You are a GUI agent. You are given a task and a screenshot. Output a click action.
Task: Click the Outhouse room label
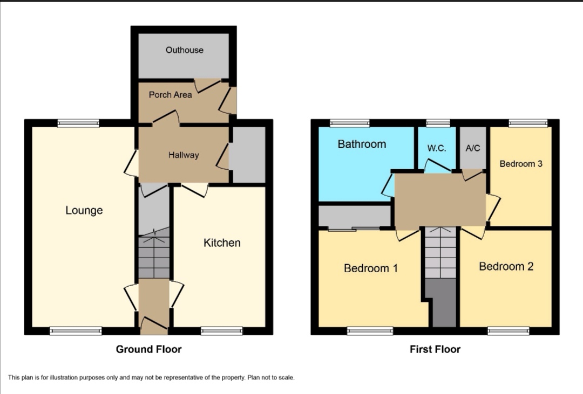tap(185, 50)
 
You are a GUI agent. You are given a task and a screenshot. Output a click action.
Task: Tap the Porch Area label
tap(171, 95)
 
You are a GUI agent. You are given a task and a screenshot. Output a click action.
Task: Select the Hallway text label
tap(184, 155)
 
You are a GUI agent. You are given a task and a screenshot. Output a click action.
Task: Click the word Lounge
tap(84, 210)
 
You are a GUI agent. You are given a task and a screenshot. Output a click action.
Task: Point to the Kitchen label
tap(222, 243)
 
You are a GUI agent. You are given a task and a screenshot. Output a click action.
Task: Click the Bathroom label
tap(362, 144)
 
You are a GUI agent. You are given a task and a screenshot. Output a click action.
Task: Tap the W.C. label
tap(437, 148)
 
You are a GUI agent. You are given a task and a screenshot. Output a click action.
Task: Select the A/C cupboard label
tap(472, 148)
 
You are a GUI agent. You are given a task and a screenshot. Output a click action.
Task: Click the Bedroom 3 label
tap(521, 164)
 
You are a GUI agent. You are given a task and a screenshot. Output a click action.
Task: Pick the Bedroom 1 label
tap(371, 268)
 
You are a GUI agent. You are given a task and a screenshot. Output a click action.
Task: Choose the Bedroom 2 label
tap(506, 266)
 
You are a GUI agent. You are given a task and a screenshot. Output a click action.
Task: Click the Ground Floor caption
tap(149, 349)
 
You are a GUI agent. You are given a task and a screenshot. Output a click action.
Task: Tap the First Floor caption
tap(435, 349)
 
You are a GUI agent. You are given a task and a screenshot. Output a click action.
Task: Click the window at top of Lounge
tap(79, 123)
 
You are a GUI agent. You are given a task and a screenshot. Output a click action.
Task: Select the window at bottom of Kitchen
tap(222, 331)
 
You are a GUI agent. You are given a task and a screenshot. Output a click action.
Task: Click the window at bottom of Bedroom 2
tap(509, 331)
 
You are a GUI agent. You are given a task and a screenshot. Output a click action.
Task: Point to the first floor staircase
tap(440, 253)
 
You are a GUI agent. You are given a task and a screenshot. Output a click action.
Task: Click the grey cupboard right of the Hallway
tap(249, 155)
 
